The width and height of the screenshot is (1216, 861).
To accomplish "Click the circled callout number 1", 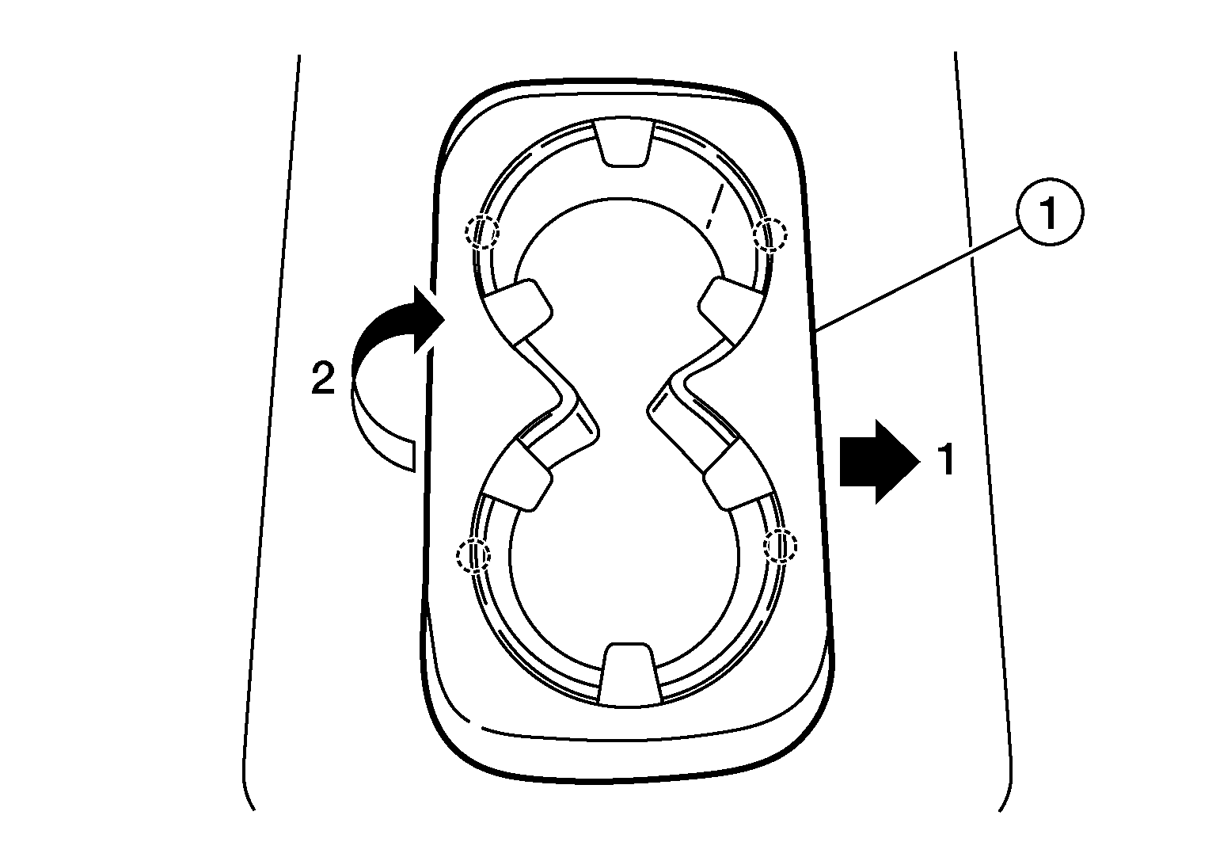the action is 1049,212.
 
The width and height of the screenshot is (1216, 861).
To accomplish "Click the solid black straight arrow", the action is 880,463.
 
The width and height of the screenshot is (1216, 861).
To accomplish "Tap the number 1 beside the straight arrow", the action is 946,460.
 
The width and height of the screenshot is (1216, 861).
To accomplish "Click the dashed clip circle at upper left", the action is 481,232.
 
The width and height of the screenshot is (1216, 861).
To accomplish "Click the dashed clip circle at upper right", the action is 770,234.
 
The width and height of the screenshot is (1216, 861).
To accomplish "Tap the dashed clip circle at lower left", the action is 473,554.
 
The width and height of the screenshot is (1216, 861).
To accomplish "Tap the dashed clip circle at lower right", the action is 781,545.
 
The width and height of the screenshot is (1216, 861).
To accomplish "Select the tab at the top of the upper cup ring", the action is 625,143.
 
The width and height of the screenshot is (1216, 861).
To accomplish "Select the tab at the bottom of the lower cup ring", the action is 629,675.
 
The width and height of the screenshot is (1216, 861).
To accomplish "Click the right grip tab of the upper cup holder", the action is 728,312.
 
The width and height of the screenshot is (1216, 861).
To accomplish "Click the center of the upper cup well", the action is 621,283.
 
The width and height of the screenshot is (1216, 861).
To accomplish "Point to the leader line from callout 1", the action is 917,279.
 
